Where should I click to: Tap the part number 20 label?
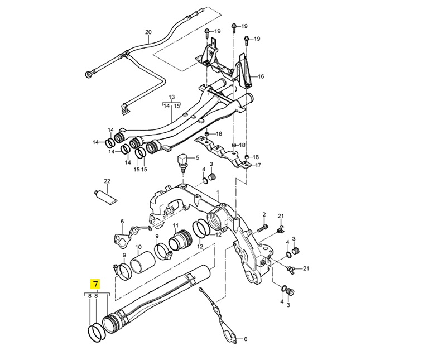[148, 32]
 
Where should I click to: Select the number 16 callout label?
[261, 76]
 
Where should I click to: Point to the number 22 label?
[107, 181]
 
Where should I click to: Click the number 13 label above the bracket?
[171, 97]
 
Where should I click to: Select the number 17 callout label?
[258, 165]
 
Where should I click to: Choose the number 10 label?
[138, 247]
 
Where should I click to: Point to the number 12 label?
[219, 234]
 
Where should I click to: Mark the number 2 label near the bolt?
[264, 214]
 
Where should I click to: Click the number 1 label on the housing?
[218, 193]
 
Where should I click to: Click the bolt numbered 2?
[264, 227]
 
